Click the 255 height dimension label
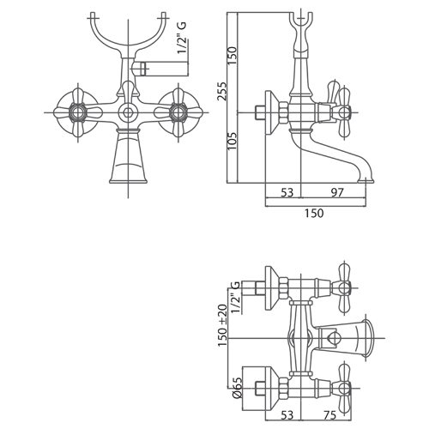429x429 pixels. point(221,91)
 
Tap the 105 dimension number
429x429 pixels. point(232,141)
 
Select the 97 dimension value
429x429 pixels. point(337,192)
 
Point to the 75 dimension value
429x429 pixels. point(329,415)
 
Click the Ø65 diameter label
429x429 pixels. point(238,388)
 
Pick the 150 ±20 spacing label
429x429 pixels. point(222,325)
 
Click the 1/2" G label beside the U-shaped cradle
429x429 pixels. point(182,38)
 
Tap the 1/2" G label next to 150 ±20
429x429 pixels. point(235,298)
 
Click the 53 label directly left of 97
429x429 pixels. point(287,192)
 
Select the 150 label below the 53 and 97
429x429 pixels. point(314,213)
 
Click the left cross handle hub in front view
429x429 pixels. point(78,112)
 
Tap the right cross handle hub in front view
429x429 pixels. point(178,112)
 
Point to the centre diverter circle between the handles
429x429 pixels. point(128,112)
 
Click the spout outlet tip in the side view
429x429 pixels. point(366,180)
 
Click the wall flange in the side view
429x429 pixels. point(272,112)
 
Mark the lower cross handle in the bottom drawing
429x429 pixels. point(344,389)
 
